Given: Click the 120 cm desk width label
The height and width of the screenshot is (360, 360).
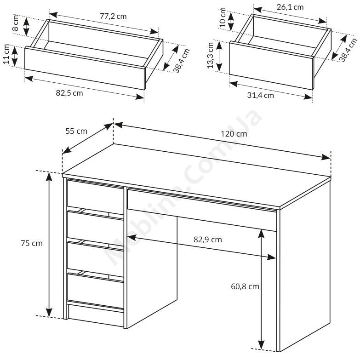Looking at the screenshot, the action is (234, 134).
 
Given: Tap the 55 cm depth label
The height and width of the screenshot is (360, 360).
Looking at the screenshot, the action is (76, 131).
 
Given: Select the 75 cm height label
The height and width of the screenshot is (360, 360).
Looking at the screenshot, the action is (32, 243).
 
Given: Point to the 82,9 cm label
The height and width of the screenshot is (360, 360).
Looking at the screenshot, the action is (208, 240).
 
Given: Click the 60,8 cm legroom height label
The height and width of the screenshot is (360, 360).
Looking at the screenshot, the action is (245, 286).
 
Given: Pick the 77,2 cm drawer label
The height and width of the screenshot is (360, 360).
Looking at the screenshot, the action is (113, 16).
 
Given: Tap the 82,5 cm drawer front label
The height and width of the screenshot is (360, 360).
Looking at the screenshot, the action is (69, 93).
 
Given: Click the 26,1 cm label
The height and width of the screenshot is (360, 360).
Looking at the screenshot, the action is (290, 7).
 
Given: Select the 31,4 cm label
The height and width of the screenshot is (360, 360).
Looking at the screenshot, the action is (261, 95).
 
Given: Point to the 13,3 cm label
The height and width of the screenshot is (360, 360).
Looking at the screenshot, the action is (210, 55).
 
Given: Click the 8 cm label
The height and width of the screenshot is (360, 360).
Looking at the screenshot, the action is (15, 23).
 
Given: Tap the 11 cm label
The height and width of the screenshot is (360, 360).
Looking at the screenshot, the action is (6, 54).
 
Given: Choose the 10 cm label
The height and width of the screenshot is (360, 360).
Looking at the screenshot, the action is (223, 17).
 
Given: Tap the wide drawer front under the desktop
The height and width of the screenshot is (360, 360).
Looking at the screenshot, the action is (202, 209).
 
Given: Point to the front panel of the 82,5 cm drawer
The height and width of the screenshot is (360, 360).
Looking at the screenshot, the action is (85, 68).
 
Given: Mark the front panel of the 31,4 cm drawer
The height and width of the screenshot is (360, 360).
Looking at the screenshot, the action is (271, 65).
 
